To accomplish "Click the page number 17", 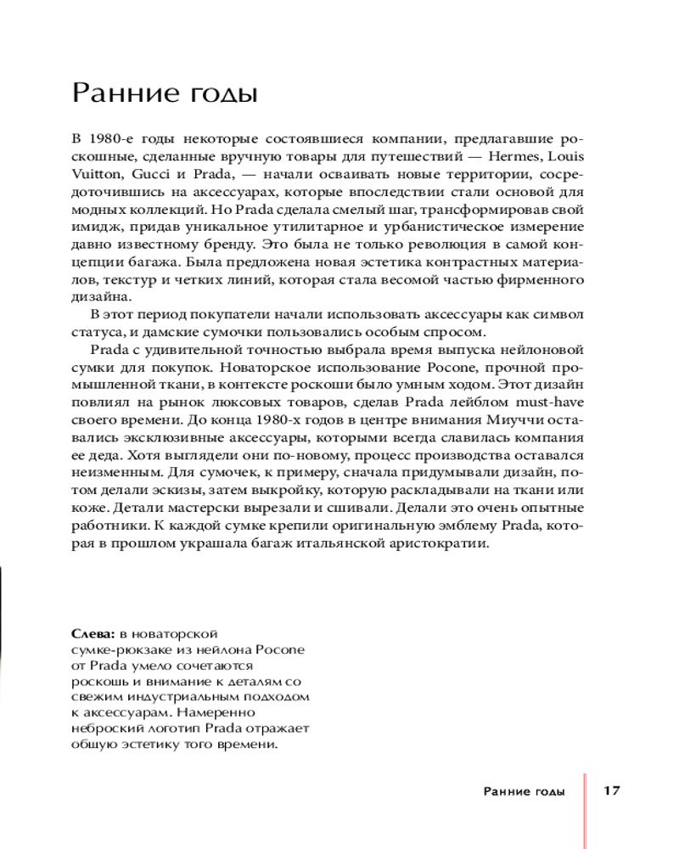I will tap(612, 791).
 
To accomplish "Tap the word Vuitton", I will tap(95, 176).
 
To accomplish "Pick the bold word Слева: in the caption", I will tap(93, 634).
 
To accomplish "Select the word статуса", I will tap(95, 332).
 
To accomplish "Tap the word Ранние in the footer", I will tap(507, 792).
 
